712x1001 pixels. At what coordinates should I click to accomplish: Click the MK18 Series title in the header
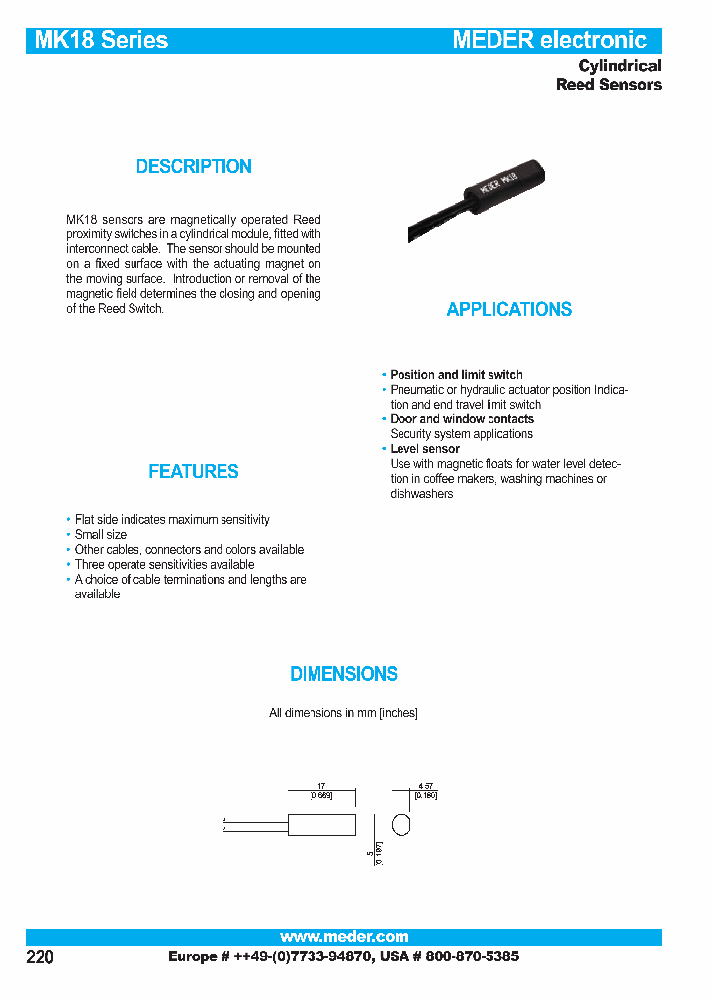pyautogui.click(x=101, y=41)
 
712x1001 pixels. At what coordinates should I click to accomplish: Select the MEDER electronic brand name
pyautogui.click(x=549, y=41)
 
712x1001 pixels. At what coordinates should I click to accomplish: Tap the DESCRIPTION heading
pyautogui.click(x=194, y=167)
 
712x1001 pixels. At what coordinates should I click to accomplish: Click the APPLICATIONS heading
pyautogui.click(x=508, y=310)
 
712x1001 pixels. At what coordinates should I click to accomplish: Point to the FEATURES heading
pyautogui.click(x=194, y=472)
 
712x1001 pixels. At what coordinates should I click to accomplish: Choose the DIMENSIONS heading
pyautogui.click(x=343, y=674)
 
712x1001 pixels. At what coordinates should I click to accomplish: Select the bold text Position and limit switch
pyautogui.click(x=456, y=375)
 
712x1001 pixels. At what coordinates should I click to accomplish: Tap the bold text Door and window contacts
pyautogui.click(x=461, y=419)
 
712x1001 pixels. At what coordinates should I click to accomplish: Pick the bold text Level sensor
pyautogui.click(x=424, y=449)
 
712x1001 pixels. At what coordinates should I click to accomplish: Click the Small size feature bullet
pyautogui.click(x=101, y=535)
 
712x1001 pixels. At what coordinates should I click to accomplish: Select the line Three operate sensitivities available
pyautogui.click(x=164, y=565)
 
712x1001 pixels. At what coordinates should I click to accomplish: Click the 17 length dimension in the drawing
pyautogui.click(x=321, y=786)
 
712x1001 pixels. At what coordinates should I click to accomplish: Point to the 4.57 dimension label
pyautogui.click(x=425, y=786)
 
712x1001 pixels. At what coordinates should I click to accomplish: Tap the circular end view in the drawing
pyautogui.click(x=400, y=824)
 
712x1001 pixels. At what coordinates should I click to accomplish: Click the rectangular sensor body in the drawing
pyautogui.click(x=321, y=824)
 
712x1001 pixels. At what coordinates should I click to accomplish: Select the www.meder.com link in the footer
pyautogui.click(x=343, y=937)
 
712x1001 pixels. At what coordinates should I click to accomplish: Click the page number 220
pyautogui.click(x=39, y=957)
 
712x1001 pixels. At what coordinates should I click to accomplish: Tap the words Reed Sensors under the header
pyautogui.click(x=608, y=85)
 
